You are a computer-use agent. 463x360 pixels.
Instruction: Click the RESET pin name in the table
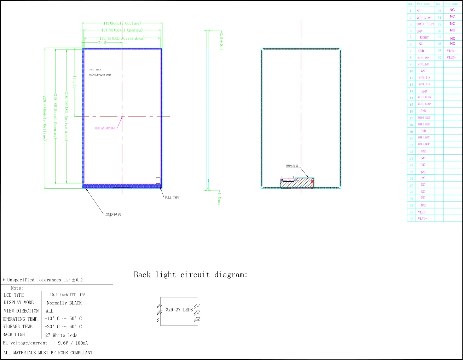pyautogui.click(x=424, y=38)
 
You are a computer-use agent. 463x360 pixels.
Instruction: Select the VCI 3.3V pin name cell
pyautogui.click(x=423, y=18)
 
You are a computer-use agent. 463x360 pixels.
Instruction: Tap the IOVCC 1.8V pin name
pyautogui.click(x=425, y=24)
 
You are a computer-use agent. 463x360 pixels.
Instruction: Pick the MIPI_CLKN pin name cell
pyautogui.click(x=424, y=97)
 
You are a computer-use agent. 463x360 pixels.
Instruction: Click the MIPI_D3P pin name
pyautogui.click(x=423, y=144)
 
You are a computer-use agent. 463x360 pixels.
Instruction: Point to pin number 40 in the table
pyautogui.click(x=439, y=57)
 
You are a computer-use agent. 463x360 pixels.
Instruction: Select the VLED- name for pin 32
pyautogui.click(x=422, y=219)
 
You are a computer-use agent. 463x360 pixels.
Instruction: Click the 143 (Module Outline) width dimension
pyautogui.click(x=122, y=23)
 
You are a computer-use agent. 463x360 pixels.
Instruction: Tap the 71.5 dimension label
pyautogui.click(x=102, y=43)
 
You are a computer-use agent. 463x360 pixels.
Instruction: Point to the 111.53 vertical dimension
pyautogui.click(x=75, y=82)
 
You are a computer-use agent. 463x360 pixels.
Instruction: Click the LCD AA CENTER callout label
pyautogui.click(x=105, y=128)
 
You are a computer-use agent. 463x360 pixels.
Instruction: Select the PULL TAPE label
pyautogui.click(x=172, y=198)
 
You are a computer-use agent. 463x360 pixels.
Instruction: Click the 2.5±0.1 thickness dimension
pyautogui.click(x=221, y=41)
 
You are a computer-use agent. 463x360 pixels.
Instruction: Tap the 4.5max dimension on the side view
pyautogui.click(x=219, y=198)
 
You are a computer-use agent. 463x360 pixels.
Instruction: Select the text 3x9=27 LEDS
pyautogui.click(x=179, y=310)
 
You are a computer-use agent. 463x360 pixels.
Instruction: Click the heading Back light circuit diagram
pyautogui.click(x=191, y=275)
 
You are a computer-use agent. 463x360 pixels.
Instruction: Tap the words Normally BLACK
pyautogui.click(x=64, y=303)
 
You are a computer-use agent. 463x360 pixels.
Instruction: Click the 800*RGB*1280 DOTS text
pyautogui.click(x=100, y=75)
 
